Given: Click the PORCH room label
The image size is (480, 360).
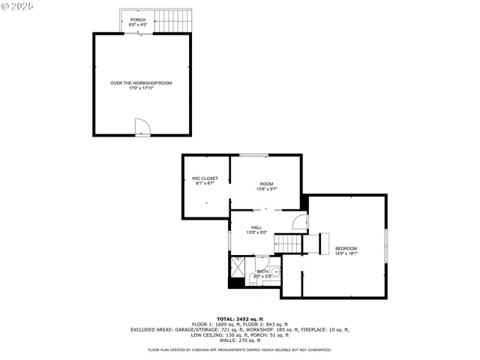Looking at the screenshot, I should [138, 19].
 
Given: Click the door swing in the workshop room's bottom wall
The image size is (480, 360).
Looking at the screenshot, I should [142, 127].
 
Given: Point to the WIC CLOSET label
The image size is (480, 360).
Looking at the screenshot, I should [205, 178].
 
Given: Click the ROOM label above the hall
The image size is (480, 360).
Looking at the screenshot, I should [267, 184].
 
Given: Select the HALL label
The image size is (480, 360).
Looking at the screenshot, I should [256, 227].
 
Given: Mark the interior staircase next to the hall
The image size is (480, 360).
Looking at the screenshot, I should [288, 244].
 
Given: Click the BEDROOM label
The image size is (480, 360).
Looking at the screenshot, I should [346, 248].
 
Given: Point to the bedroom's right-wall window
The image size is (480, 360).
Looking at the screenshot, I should [387, 247].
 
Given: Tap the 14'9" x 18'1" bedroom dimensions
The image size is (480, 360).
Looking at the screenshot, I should [346, 253].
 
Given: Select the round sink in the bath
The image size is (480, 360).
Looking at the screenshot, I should [275, 271].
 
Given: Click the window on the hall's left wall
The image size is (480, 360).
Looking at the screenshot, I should [231, 242].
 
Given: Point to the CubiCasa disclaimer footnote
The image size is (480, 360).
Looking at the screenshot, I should [239, 349].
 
